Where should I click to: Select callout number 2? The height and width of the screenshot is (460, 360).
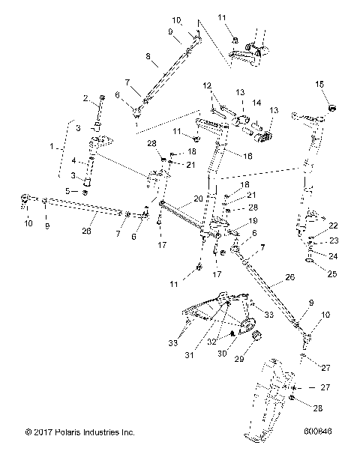(x=85, y=98)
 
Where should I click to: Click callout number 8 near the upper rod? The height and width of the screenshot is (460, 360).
(x=148, y=55)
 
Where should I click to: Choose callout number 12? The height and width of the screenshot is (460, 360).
(x=207, y=85)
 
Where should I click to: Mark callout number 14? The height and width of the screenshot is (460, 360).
(x=256, y=102)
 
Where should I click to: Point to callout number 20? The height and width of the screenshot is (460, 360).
(x=197, y=199)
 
